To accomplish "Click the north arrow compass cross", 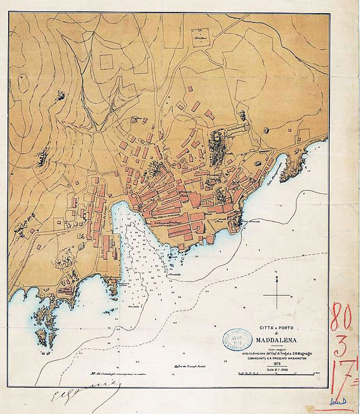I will pyautogui.click(x=278, y=292).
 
